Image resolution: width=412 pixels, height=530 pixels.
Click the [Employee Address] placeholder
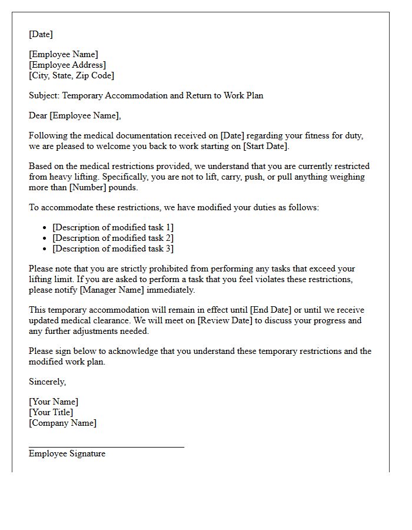tap(67, 65)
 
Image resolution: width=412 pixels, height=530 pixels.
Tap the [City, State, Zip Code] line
tap(71, 75)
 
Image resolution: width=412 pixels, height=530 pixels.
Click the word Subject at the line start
tap(44, 95)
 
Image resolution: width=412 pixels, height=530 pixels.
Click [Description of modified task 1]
tap(113, 227)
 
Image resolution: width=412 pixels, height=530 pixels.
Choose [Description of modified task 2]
tap(113, 238)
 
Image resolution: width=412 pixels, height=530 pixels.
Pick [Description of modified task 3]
tap(113, 249)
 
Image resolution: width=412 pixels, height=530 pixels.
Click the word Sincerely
tap(47, 382)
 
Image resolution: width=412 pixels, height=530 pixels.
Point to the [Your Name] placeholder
tap(54, 402)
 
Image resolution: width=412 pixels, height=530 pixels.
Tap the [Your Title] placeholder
tap(51, 412)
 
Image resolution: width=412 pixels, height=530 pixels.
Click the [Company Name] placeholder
tap(62, 423)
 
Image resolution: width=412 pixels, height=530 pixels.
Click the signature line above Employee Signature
tap(106, 447)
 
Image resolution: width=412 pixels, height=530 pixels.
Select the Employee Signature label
tap(67, 453)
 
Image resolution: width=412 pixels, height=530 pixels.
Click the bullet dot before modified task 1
tap(46, 228)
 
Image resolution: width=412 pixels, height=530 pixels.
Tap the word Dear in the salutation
tap(38, 115)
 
